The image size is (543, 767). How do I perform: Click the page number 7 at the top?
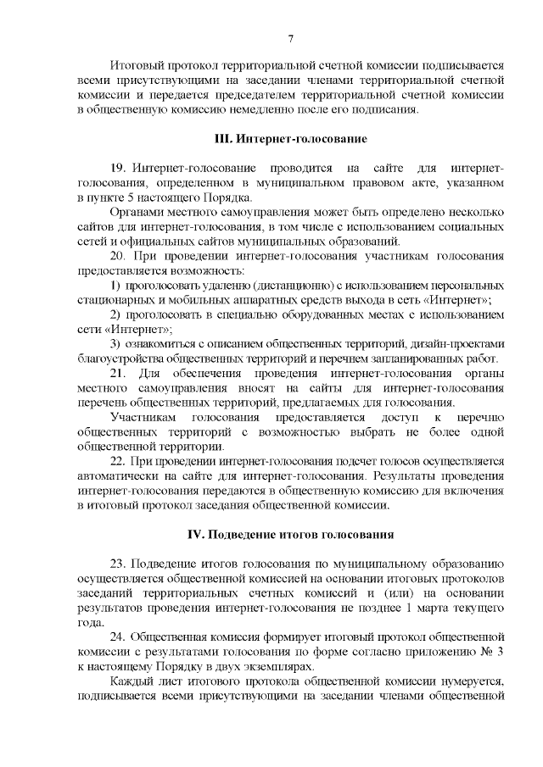(290, 38)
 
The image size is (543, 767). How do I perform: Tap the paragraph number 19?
(119, 169)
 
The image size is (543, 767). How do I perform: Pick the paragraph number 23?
(119, 564)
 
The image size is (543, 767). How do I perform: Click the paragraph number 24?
(119, 635)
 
